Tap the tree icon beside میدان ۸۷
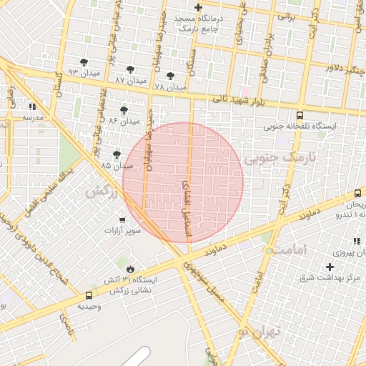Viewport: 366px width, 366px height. click(129, 69)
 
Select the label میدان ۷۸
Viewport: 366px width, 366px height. click(169, 86)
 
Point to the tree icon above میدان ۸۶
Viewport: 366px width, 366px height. click(124, 110)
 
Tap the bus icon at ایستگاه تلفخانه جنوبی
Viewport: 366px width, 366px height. click(299, 114)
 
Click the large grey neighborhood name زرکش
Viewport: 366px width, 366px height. click(102, 192)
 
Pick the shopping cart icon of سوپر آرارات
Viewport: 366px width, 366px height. click(123, 219)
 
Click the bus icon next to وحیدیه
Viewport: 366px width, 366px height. click(89, 295)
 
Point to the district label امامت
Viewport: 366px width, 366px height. click(290, 249)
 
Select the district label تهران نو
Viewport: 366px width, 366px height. click(262, 330)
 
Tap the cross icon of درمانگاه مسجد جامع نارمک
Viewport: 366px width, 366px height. click(198, 7)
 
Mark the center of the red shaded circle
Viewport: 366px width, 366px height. click(183, 182)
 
